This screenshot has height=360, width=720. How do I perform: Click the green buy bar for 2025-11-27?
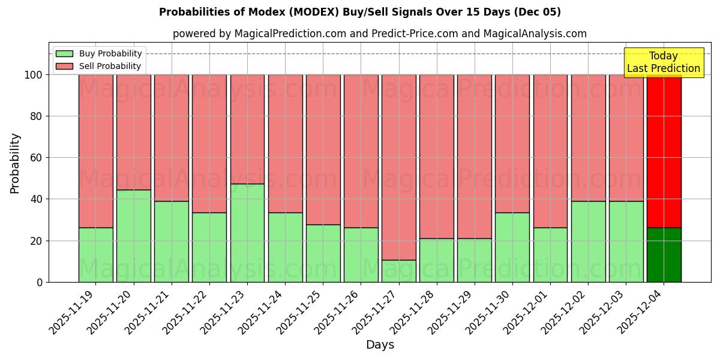coord(398,271)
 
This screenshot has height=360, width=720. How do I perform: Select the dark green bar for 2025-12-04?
coord(664,255)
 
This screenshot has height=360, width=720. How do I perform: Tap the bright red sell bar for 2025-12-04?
coord(664,150)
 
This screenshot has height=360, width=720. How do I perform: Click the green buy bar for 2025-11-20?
coord(133,236)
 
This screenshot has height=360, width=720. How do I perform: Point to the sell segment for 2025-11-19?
coord(95,150)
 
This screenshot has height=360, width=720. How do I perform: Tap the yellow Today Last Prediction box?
coord(663,62)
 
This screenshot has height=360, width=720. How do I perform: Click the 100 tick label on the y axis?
coord(32,75)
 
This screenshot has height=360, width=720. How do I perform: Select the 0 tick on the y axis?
coord(40,282)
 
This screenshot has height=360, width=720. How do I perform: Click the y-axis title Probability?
coord(15,163)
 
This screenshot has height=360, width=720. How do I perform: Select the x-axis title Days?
coord(380,345)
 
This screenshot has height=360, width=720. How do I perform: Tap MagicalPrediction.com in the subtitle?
coord(290,34)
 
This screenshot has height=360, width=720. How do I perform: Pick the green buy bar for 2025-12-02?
coord(588,241)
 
